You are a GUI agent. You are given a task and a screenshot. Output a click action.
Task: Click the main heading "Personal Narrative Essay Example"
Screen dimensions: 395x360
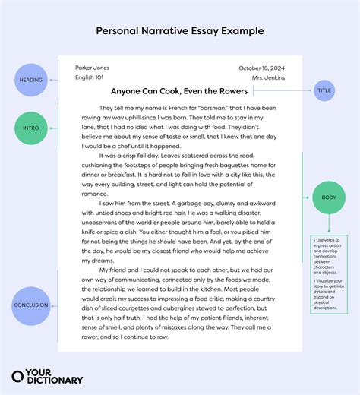pos(180,31)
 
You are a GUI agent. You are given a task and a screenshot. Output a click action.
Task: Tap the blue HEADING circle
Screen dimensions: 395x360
pos(32,79)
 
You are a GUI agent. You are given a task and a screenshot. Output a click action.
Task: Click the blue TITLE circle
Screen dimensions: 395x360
pos(324,90)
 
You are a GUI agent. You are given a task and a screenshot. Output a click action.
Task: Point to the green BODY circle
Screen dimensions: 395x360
pos(327,199)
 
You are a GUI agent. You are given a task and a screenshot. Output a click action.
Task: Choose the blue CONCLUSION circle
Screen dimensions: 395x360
pos(32,305)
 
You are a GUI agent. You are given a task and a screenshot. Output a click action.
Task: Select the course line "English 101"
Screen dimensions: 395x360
pos(90,77)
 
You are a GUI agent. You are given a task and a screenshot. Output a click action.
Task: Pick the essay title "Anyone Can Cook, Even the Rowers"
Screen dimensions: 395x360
pos(180,90)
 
